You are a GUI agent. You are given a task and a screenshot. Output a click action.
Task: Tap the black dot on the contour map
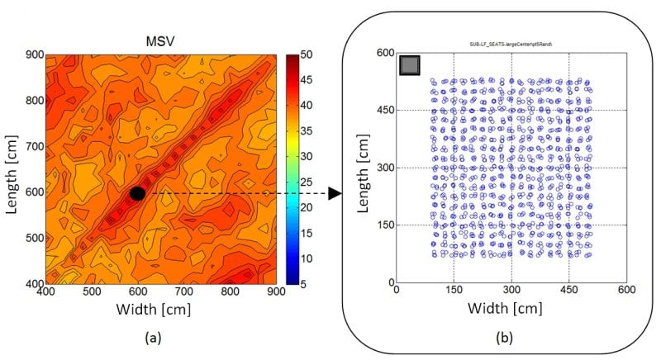[x=137, y=193]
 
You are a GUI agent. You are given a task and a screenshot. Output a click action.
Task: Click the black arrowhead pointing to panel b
[x=335, y=193]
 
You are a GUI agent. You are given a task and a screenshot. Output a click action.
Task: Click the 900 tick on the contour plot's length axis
[x=32, y=55]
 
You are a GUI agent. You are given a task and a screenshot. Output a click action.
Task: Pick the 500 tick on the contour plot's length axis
[x=32, y=238]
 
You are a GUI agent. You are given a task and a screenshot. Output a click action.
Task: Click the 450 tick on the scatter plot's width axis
[x=568, y=291]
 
